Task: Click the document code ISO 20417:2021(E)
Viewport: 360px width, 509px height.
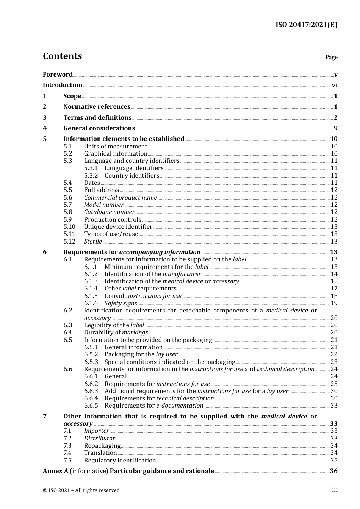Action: point(306,25)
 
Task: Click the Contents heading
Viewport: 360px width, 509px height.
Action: point(62,56)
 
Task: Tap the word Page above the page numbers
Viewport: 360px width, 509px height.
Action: point(331,57)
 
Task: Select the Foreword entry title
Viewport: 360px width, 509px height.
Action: point(58,75)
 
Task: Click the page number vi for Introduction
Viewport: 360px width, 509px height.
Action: point(335,85)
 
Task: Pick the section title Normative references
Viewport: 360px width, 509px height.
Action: point(97,107)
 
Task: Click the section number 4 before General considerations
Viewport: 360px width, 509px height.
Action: point(45,128)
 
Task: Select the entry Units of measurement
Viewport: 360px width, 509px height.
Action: point(115,147)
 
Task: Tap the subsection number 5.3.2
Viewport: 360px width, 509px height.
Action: point(91,176)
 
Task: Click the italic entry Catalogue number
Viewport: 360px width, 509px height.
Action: point(109,212)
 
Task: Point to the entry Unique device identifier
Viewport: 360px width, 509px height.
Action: point(118,227)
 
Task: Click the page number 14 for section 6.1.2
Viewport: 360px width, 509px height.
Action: point(334,274)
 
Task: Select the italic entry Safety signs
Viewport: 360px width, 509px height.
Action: point(121,303)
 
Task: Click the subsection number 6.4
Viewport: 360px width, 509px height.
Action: point(68,333)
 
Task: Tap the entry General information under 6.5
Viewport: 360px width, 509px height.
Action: point(133,347)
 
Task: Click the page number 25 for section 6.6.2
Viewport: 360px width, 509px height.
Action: point(334,384)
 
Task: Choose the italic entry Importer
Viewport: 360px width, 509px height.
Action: point(96,431)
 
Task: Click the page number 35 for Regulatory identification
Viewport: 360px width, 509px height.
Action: point(334,461)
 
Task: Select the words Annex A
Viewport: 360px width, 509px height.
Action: point(55,471)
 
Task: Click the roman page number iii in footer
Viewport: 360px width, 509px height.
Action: point(335,490)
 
